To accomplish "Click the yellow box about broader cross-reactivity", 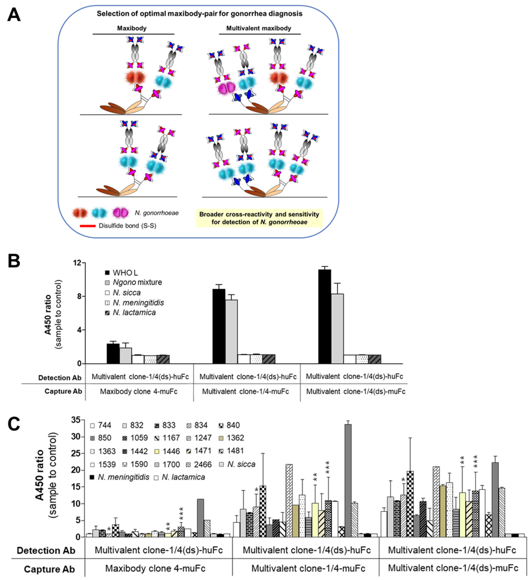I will (x=259, y=218).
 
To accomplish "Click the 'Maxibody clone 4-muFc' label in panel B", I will (x=139, y=392).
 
